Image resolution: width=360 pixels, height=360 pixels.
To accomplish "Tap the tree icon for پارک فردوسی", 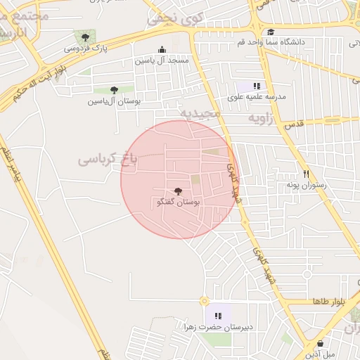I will click(86, 37).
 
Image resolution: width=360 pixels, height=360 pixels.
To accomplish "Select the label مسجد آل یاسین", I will click(162, 61).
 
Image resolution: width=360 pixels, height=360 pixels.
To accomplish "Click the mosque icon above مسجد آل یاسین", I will click(163, 49).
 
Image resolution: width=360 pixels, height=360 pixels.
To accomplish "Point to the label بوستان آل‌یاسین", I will click(114, 101).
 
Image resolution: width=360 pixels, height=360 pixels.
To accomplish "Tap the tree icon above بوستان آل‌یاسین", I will click(114, 90).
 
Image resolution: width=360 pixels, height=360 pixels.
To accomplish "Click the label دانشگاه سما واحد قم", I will click(271, 42).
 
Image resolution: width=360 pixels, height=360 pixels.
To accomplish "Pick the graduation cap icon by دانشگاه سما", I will click(271, 32).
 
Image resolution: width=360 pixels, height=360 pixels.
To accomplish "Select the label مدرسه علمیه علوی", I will click(255, 96).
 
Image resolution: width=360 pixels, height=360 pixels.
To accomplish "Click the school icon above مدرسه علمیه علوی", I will click(257, 85).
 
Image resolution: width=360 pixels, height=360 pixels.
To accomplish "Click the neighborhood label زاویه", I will click(262, 119).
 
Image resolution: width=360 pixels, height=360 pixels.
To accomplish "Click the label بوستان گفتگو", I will click(178, 202).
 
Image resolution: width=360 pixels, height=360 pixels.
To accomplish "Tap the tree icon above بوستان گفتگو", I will click(177, 191).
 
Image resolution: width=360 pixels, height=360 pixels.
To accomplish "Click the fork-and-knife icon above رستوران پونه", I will click(306, 174).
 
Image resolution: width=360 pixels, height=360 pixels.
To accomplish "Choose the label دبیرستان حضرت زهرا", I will click(218, 327).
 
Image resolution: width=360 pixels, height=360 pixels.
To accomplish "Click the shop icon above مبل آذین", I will click(321, 342).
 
